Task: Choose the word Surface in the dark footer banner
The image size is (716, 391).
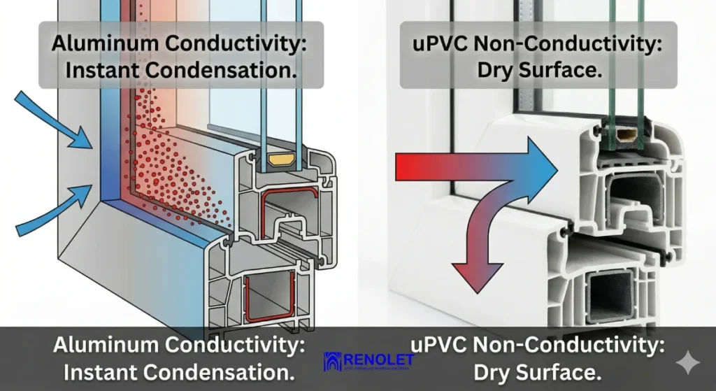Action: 554,371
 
